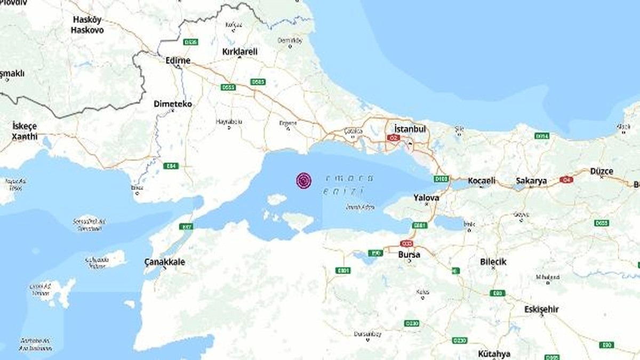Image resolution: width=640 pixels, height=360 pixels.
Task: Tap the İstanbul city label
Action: (410, 129)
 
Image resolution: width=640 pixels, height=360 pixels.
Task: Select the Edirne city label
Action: (178, 61)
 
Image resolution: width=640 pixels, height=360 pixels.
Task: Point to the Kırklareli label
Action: (239, 52)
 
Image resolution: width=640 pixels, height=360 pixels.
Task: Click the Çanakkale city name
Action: (165, 262)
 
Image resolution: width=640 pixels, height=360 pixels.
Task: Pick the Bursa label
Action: (409, 254)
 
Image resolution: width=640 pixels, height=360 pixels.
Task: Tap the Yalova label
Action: (426, 197)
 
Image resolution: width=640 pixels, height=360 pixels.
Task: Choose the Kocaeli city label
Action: (481, 181)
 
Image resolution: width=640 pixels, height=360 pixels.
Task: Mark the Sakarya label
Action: (531, 181)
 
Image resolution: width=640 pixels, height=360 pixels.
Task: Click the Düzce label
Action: (602, 171)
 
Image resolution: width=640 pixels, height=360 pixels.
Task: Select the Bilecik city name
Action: (493, 262)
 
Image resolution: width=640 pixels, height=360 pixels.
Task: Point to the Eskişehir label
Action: (541, 309)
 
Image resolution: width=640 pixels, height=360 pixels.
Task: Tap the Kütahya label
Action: (494, 354)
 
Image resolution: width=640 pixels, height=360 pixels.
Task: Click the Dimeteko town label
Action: (172, 104)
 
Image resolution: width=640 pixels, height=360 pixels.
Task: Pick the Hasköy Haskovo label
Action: (87, 25)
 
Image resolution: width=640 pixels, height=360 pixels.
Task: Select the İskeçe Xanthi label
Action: (25, 131)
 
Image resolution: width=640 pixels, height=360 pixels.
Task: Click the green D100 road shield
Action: (441, 179)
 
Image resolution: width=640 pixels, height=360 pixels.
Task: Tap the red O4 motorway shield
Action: (566, 180)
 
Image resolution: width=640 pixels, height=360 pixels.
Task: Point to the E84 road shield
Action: (171, 166)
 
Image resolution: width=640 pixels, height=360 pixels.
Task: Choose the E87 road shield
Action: (187, 227)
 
